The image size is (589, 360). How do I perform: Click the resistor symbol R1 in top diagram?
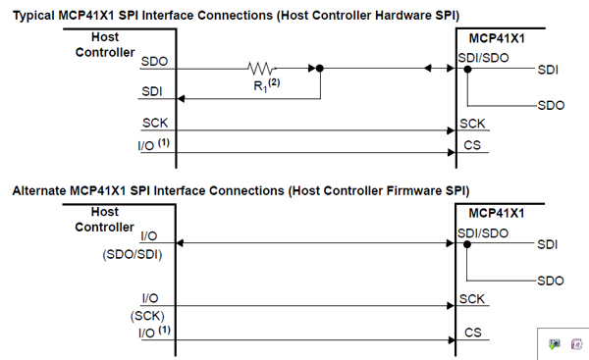[x=260, y=69]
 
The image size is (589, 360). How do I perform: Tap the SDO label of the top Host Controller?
[x=154, y=61]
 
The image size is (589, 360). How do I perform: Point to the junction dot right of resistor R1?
[x=320, y=69]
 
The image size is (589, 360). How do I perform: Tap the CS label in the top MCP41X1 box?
[x=471, y=145]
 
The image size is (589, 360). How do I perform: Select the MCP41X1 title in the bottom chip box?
[x=498, y=213]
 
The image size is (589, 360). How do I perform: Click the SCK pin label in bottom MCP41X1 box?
[x=471, y=297]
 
